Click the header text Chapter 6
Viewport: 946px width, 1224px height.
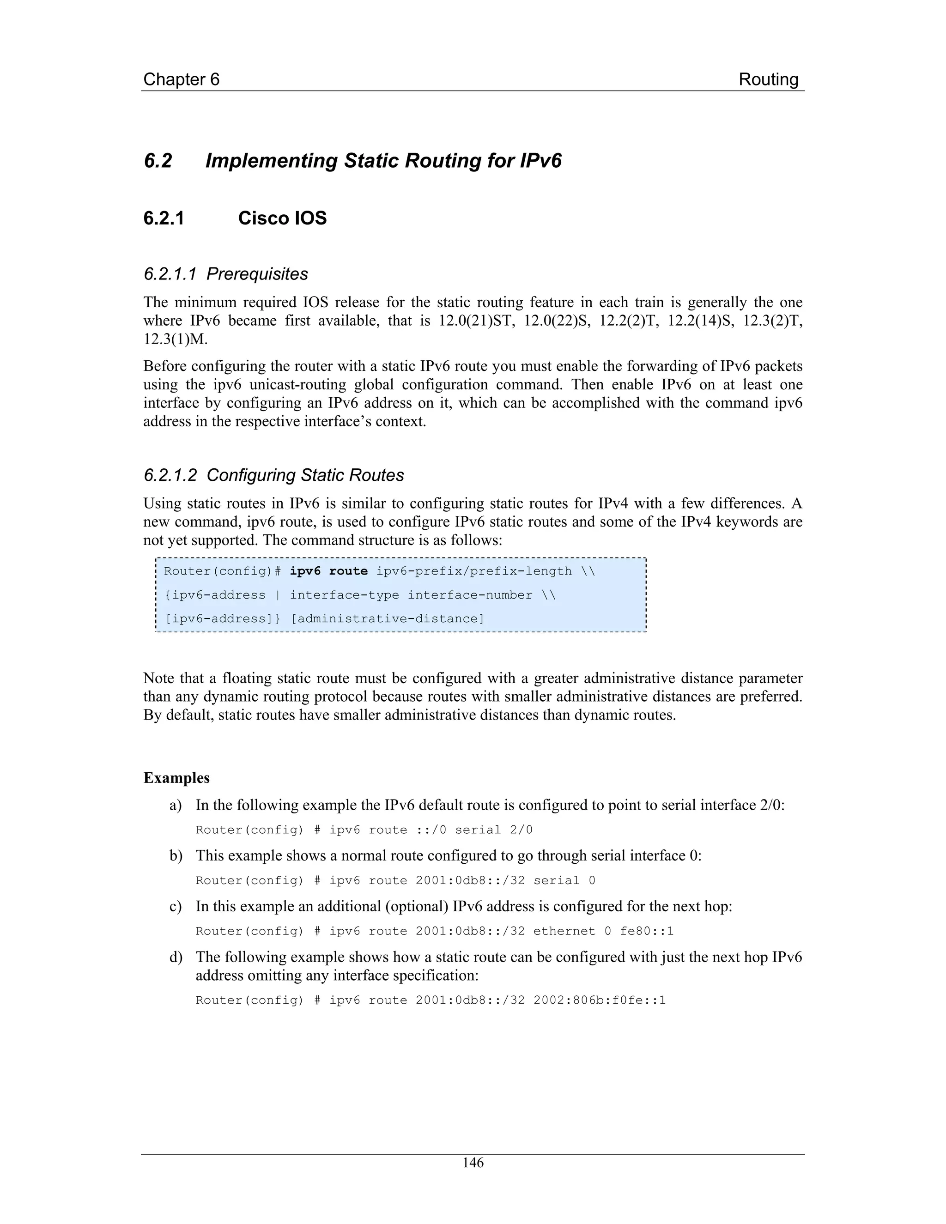point(181,79)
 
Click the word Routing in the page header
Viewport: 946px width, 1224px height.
point(768,79)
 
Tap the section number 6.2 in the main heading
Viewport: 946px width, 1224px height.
point(158,161)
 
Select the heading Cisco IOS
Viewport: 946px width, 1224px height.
point(282,218)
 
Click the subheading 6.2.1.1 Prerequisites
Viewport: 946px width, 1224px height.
point(226,274)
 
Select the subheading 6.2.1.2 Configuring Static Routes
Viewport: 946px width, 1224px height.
point(273,475)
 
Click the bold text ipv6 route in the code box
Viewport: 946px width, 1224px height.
point(328,571)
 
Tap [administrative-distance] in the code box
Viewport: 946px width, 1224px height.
point(387,619)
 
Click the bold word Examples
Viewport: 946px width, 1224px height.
point(176,778)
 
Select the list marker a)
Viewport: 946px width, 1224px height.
point(176,806)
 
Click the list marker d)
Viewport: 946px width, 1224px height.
point(176,957)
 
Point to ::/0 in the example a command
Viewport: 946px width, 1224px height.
point(431,830)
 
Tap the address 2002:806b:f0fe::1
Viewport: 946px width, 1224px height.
point(599,1000)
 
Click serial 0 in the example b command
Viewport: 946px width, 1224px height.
point(564,880)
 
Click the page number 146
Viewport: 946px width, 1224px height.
point(473,1163)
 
